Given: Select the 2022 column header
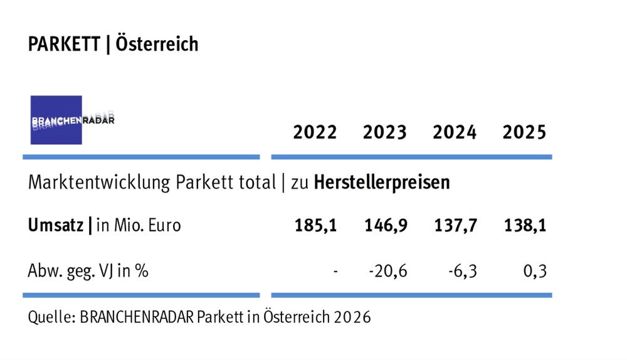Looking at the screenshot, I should (315, 133).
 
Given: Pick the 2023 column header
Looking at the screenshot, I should (384, 133).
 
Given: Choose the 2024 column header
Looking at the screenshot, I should (454, 133).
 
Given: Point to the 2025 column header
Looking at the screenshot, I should (524, 133).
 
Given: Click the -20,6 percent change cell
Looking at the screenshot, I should (389, 272).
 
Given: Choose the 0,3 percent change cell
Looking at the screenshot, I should (535, 272).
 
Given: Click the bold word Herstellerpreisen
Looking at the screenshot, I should (382, 183).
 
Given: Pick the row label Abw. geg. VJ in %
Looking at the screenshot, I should (88, 272).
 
